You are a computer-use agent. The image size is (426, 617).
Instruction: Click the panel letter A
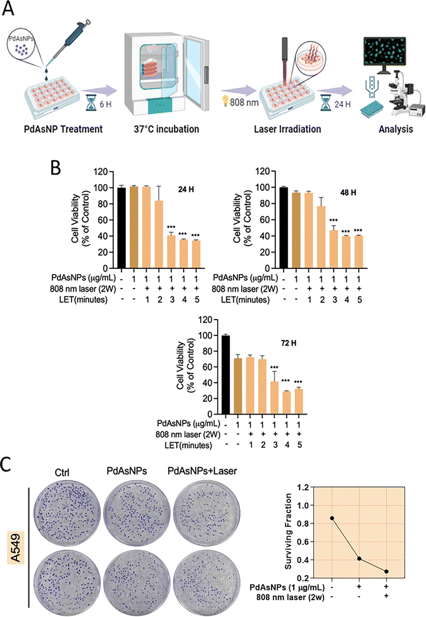tap(11, 11)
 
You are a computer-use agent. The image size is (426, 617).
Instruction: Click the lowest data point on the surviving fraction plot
tap(385, 571)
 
